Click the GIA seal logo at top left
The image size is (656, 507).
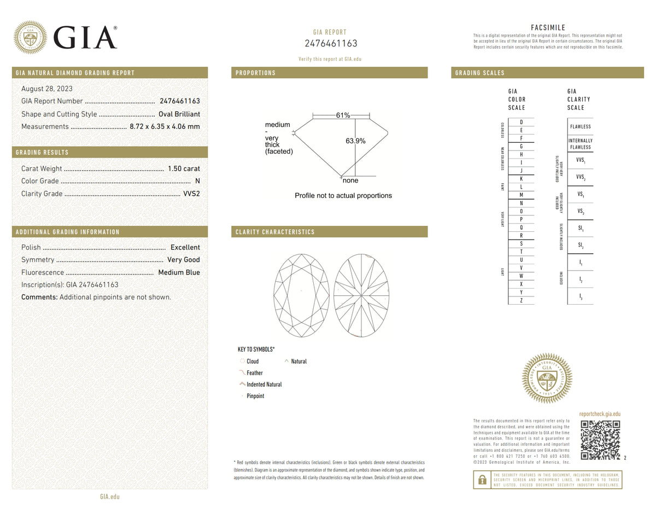point(30,37)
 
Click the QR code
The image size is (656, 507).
point(600,440)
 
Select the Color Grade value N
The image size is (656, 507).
point(197,181)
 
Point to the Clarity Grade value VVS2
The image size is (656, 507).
point(191,194)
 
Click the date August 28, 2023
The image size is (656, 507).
point(46,89)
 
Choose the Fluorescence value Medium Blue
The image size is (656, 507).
point(179,272)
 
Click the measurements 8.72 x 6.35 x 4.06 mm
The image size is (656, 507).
point(165,126)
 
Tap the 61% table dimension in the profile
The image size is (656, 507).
point(343,115)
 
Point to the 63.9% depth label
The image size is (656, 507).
point(355,141)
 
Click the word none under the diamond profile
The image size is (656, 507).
point(350,180)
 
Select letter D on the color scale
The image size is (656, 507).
point(521,122)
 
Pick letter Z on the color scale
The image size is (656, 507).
point(521,300)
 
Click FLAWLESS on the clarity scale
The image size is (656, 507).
point(580,126)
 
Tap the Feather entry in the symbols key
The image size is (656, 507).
point(254,373)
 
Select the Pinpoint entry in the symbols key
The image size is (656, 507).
point(255,396)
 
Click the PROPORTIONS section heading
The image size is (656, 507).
point(255,73)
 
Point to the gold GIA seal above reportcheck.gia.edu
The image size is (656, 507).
point(547,378)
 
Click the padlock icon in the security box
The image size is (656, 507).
point(482,480)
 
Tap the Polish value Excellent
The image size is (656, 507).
point(185,247)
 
